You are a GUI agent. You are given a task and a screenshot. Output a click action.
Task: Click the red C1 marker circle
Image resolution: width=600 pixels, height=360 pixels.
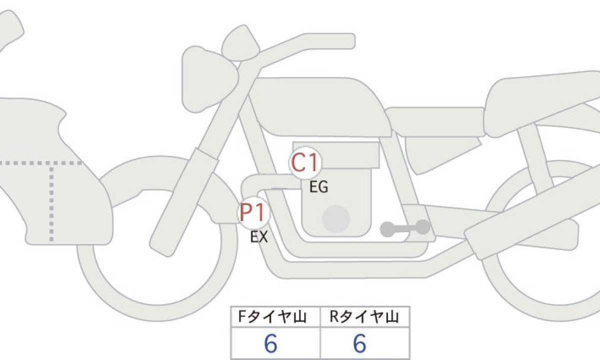pos(305,162)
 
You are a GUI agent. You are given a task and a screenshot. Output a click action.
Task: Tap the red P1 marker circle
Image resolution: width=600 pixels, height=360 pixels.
pos(253,212)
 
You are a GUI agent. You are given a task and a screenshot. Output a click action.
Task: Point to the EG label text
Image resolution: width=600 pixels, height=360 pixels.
pos(319,187)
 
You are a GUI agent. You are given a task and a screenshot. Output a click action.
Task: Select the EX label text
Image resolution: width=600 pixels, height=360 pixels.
pos(259,237)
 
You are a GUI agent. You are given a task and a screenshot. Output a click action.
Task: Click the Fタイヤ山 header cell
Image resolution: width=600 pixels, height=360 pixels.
pos(275,316)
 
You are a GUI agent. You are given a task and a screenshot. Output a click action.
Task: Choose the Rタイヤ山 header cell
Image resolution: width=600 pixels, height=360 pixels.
pos(365,316)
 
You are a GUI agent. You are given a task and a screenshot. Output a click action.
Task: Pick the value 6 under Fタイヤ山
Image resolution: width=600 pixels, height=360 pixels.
pos(270,343)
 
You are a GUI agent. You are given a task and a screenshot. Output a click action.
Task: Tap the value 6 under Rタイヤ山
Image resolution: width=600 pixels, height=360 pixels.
pos(359,343)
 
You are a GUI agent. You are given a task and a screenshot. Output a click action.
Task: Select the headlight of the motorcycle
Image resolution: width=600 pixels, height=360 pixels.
pos(209,79)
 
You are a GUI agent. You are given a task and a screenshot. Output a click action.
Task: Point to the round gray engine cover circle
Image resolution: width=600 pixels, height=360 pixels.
pos(336,219)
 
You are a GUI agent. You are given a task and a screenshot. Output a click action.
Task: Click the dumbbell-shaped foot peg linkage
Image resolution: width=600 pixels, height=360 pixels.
pos(405,228)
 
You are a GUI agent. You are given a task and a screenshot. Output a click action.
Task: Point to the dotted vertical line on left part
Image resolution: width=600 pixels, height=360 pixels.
pos(51,203)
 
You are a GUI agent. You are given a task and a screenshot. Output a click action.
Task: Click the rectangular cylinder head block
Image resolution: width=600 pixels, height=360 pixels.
pos(336,155)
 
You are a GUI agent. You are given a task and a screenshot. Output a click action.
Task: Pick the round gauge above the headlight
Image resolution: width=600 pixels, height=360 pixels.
pos(240,43)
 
